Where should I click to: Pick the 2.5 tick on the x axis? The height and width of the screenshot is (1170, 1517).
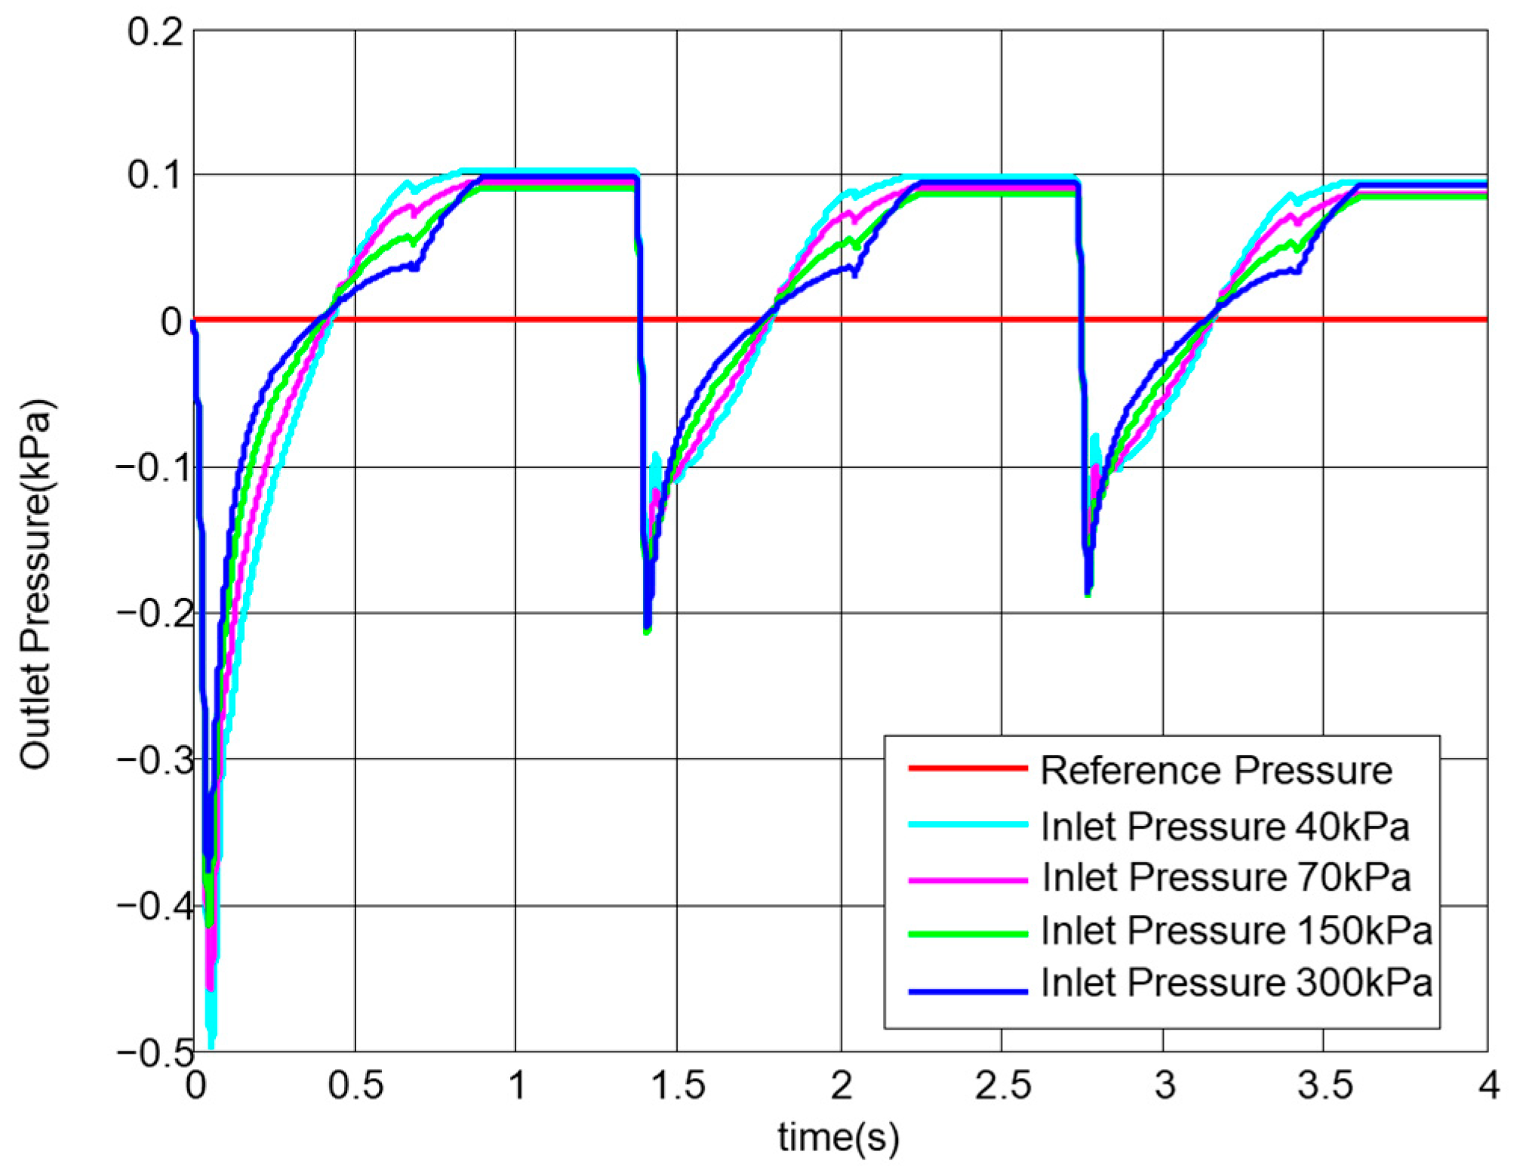point(1002,1087)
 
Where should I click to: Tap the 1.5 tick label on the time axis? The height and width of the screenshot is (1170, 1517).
point(677,1087)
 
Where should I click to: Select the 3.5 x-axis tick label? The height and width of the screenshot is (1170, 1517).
point(1325,1087)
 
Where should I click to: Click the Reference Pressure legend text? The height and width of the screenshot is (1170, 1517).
point(1216,771)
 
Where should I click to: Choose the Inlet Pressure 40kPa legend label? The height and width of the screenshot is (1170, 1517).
point(1225,827)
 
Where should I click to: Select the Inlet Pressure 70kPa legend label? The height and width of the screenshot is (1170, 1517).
point(1226,877)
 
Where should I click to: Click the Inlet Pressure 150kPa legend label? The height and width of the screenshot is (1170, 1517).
point(1236,930)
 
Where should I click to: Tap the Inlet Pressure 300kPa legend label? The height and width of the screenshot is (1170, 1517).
point(1236,984)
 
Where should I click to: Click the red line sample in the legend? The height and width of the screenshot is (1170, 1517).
point(968,769)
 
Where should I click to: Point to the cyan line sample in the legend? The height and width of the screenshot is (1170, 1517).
point(968,825)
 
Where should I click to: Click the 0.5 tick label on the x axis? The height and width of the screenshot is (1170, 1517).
point(355,1087)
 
